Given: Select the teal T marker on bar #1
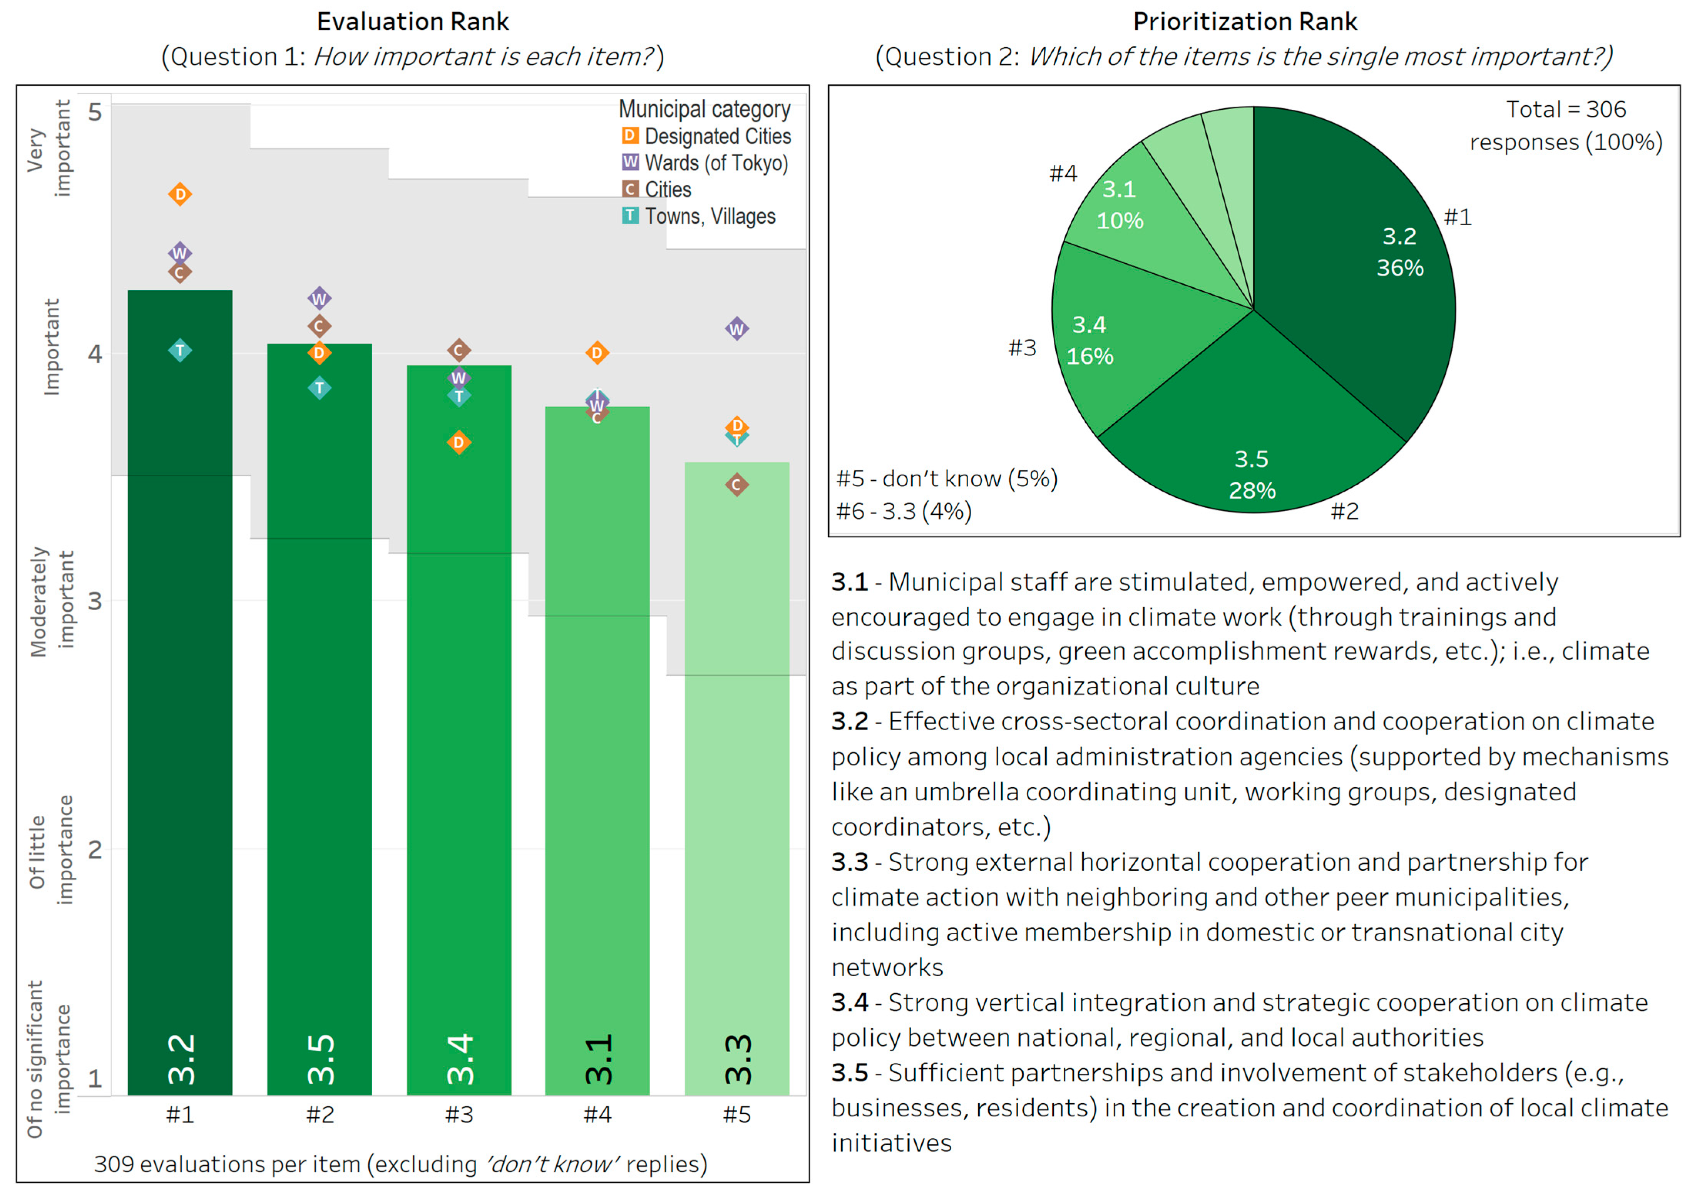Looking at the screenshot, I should pos(180,350).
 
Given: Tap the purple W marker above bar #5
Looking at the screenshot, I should pos(737,329).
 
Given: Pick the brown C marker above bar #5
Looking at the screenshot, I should pos(737,485).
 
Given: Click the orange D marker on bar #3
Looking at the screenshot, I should pos(459,443).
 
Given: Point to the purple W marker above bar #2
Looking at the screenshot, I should pos(320,299).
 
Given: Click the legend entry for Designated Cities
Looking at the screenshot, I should pos(706,137).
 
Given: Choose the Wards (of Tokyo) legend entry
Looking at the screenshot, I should pos(705,163).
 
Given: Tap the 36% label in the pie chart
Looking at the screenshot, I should pos(1399,268).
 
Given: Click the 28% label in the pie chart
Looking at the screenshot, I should pos(1252,490).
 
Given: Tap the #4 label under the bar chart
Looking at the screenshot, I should pos(597,1114).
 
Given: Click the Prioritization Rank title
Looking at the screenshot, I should pos(1244,22).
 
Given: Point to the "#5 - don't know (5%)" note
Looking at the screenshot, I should pos(946,479).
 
